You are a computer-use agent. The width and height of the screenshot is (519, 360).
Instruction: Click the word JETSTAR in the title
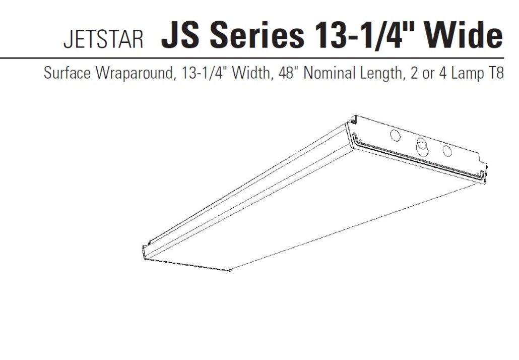click(x=103, y=40)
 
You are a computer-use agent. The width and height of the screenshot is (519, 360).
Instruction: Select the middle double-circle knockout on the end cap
click(x=421, y=147)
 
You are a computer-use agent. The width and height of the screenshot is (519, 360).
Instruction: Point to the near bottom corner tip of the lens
click(x=230, y=271)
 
